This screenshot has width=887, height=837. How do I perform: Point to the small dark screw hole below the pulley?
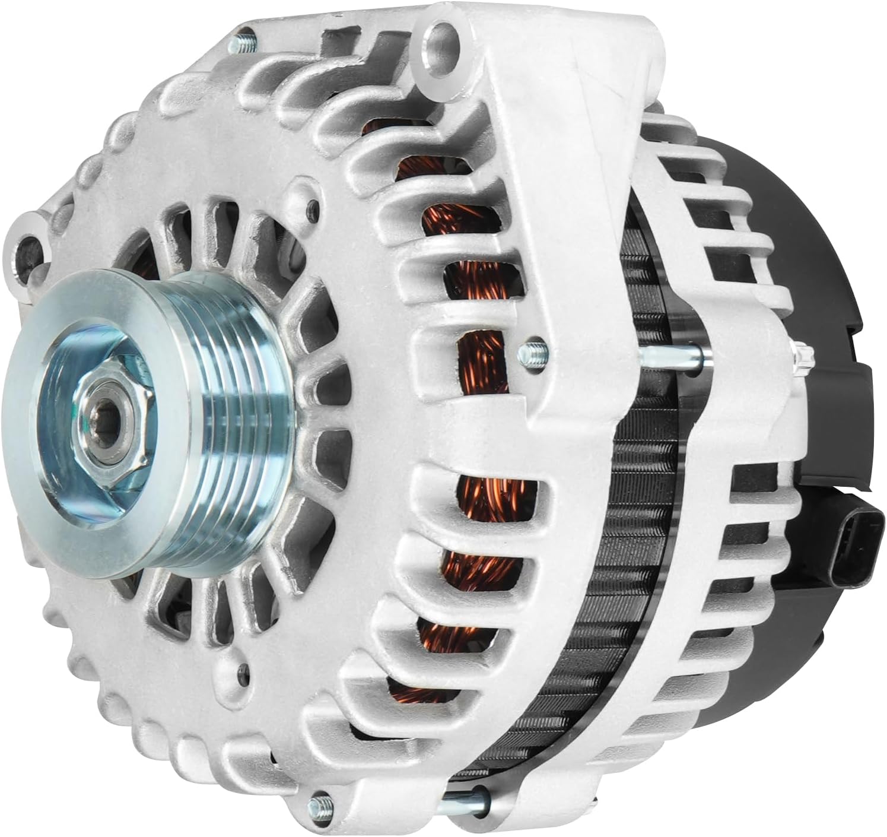pyautogui.click(x=240, y=672)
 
